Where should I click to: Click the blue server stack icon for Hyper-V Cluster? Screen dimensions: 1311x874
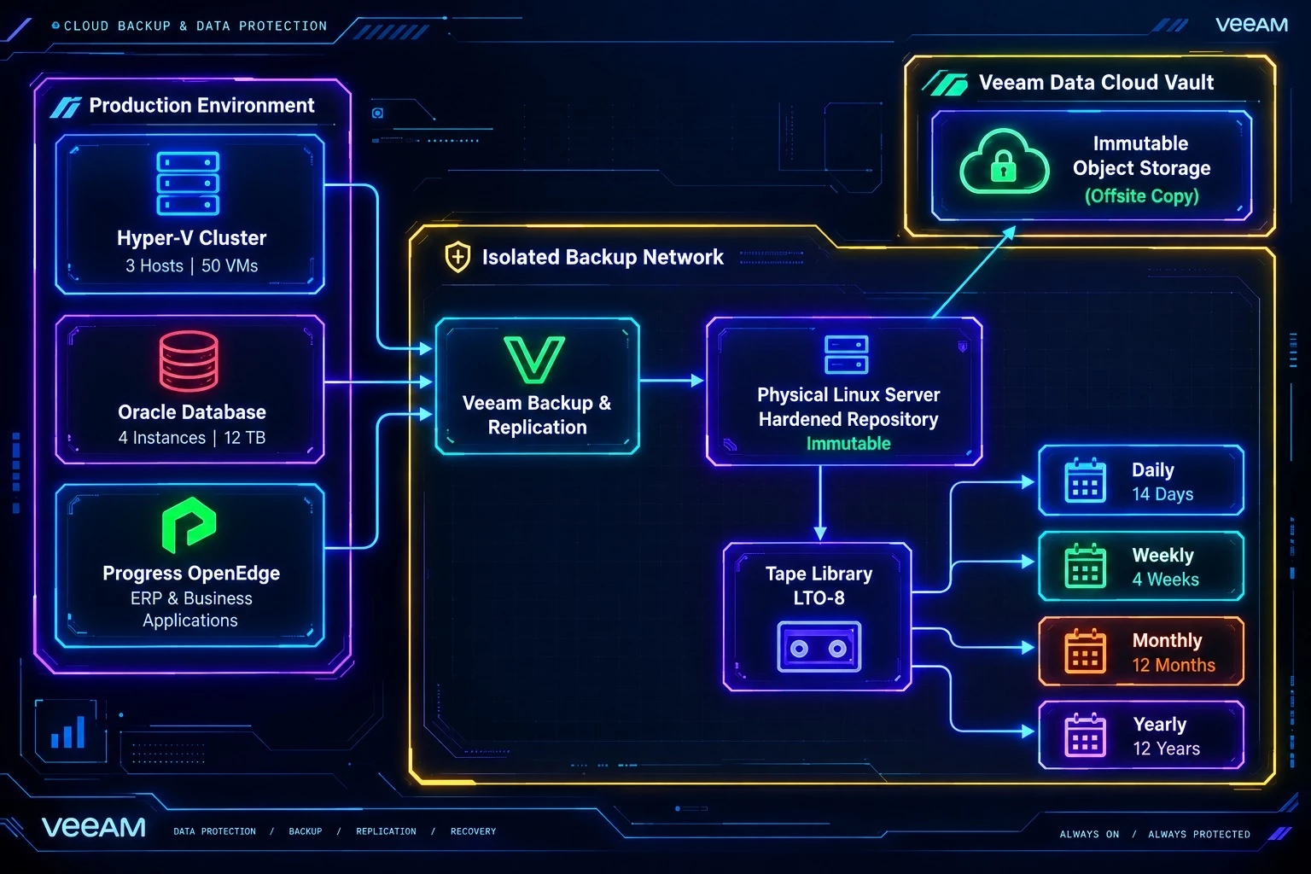coord(188,184)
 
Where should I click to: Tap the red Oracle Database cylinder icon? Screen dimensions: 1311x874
coord(189,361)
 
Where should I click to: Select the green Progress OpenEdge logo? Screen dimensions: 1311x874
coord(189,525)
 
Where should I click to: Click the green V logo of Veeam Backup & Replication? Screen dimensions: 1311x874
coord(534,359)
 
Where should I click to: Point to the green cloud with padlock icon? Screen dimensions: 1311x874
coord(1004,162)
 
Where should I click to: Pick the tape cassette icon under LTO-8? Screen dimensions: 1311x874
coord(819,646)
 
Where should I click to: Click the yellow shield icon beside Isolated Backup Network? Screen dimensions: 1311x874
coord(457,256)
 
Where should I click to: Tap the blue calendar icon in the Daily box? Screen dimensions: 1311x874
coord(1085,481)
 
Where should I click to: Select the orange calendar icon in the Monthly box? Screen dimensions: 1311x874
coord(1085,651)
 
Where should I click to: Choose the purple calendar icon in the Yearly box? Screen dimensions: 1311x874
coord(1085,736)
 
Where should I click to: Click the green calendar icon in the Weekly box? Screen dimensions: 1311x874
coord(1085,566)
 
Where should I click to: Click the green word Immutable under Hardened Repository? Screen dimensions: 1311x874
coord(848,444)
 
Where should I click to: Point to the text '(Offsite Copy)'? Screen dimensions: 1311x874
coord(1142,195)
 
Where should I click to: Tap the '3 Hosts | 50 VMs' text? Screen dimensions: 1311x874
coord(191,265)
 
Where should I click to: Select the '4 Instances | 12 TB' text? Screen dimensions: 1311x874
coord(191,437)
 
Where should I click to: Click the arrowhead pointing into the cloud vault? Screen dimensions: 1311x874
coord(1010,232)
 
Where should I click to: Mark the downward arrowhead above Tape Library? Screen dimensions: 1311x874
coord(820,533)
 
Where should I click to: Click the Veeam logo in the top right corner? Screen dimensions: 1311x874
coord(1252,25)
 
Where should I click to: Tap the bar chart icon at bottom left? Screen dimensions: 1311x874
coord(68,731)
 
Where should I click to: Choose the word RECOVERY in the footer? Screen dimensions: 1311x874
coord(473,831)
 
